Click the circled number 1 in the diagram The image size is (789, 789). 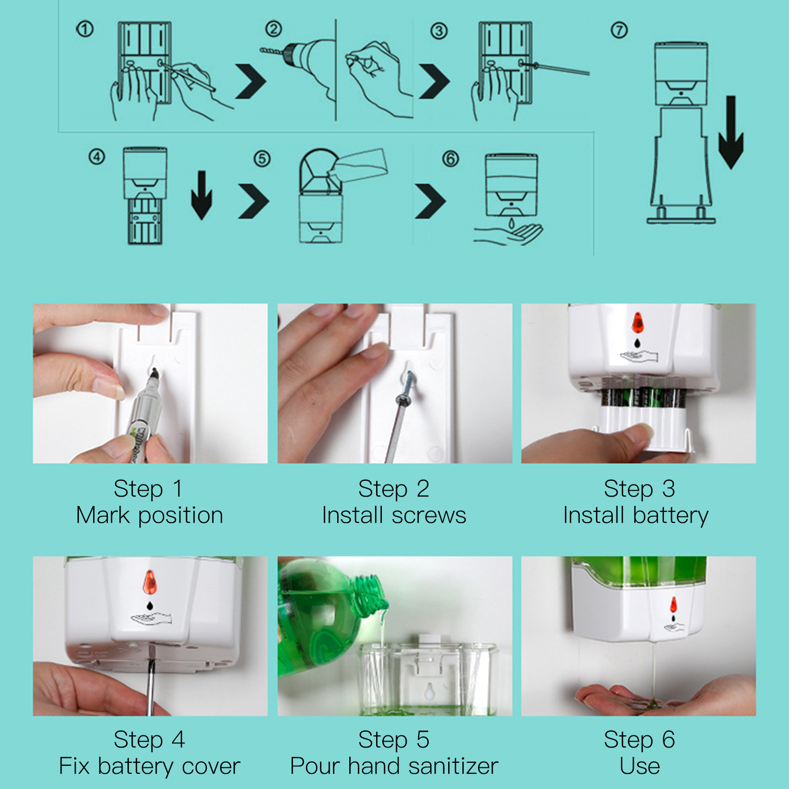pos(85,29)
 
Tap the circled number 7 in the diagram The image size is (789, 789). pos(619,30)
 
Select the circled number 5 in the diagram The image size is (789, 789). pos(262,158)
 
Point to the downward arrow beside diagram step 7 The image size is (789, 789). pos(731,132)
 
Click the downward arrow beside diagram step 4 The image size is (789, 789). pos(201,195)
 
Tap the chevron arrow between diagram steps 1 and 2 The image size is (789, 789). pos(251,82)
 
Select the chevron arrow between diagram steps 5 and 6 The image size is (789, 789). pos(430,201)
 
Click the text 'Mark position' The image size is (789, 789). pos(149,515)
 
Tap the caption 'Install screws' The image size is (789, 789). pos(394,515)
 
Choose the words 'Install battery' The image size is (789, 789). pos(636,515)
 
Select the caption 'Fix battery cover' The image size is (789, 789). pos(149,766)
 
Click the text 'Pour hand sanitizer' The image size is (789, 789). pos(394,766)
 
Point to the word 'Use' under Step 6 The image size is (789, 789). pos(640,766)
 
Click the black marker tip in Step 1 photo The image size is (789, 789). pos(154,374)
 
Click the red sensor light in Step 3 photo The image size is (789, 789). pos(638,322)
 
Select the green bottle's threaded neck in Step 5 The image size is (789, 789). pos(371,592)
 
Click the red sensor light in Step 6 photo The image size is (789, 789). pos(673,605)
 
